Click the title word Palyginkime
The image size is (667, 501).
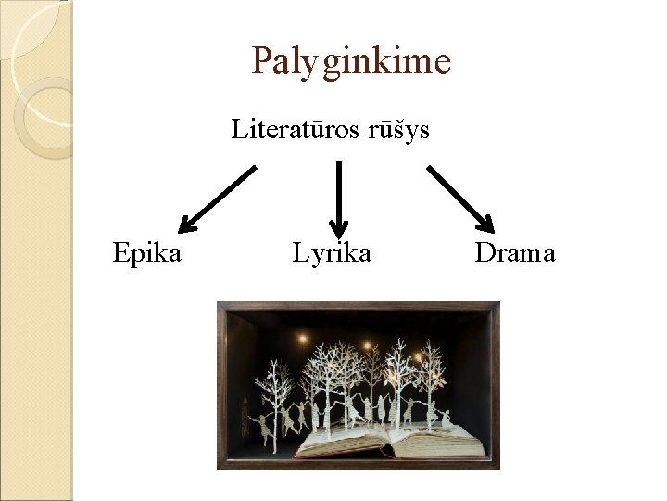351,62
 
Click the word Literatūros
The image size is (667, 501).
285,129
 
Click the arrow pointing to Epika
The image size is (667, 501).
218,198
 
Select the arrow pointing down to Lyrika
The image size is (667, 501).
338,195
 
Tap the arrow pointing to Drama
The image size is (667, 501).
460,198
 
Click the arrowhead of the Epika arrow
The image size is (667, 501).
188,223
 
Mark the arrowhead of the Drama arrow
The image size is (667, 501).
486,223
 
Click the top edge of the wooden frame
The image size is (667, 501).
358,303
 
